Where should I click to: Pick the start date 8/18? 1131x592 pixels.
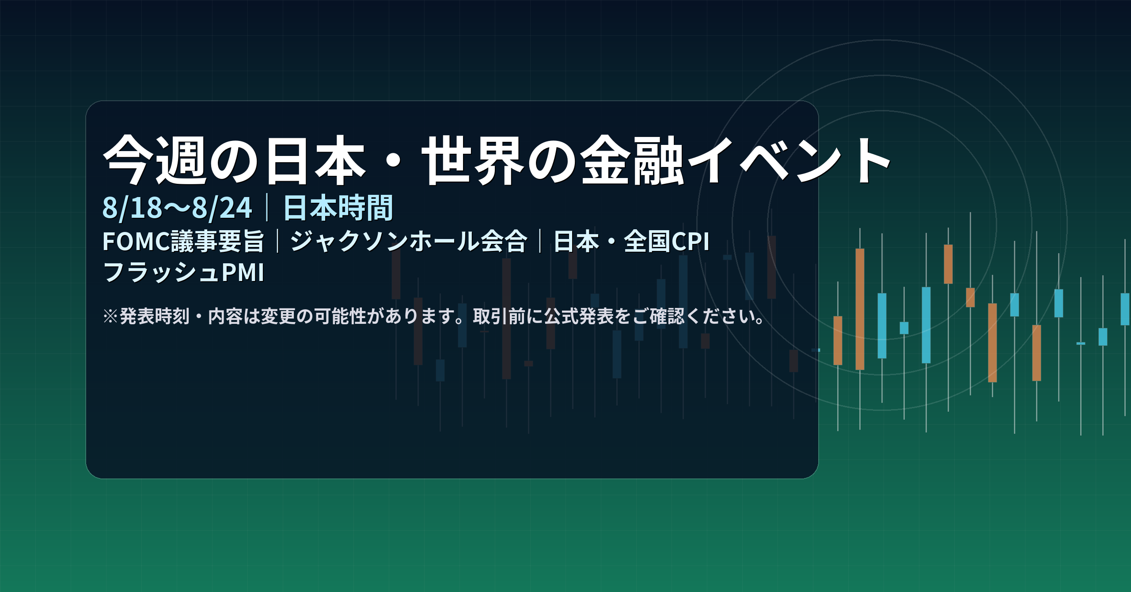pyautogui.click(x=133, y=208)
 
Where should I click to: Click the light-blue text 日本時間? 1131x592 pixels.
pyautogui.click(x=338, y=208)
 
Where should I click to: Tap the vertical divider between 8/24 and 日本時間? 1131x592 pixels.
pyautogui.click(x=267, y=208)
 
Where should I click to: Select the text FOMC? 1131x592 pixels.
pyautogui.click(x=137, y=241)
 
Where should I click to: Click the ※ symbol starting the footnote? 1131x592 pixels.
pyautogui.click(x=110, y=316)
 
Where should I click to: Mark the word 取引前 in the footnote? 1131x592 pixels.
pyautogui.click(x=499, y=316)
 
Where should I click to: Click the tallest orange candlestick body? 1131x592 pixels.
pyautogui.click(x=860, y=309)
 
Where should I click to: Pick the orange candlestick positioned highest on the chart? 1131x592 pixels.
pyautogui.click(x=948, y=264)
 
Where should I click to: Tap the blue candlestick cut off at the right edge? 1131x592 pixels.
pyautogui.click(x=1126, y=309)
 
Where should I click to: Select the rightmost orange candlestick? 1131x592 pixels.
pyautogui.click(x=1036, y=353)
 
